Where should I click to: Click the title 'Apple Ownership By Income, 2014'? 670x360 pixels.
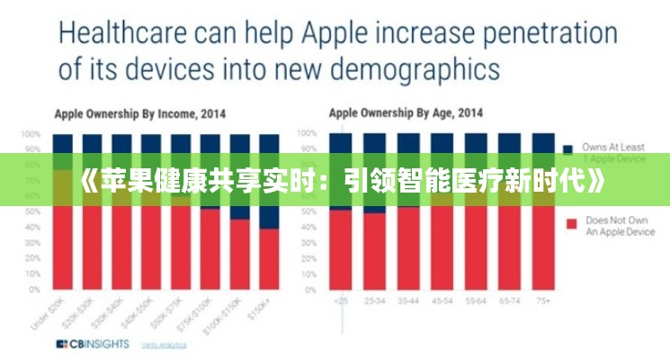pos(140,114)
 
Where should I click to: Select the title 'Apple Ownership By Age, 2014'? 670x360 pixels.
pos(406,114)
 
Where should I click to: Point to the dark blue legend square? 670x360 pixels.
pos(568,147)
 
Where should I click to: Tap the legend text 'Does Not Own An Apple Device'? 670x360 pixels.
pos(621,226)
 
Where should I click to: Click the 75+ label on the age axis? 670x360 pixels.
pos(543,299)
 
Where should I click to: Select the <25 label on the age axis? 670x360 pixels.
pos(341,299)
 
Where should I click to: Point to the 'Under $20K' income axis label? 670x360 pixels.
pos(59,310)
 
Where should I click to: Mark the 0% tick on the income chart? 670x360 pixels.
pos(34,290)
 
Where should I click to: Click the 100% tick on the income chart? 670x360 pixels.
pos(31,133)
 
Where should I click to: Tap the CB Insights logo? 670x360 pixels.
pos(93,344)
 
